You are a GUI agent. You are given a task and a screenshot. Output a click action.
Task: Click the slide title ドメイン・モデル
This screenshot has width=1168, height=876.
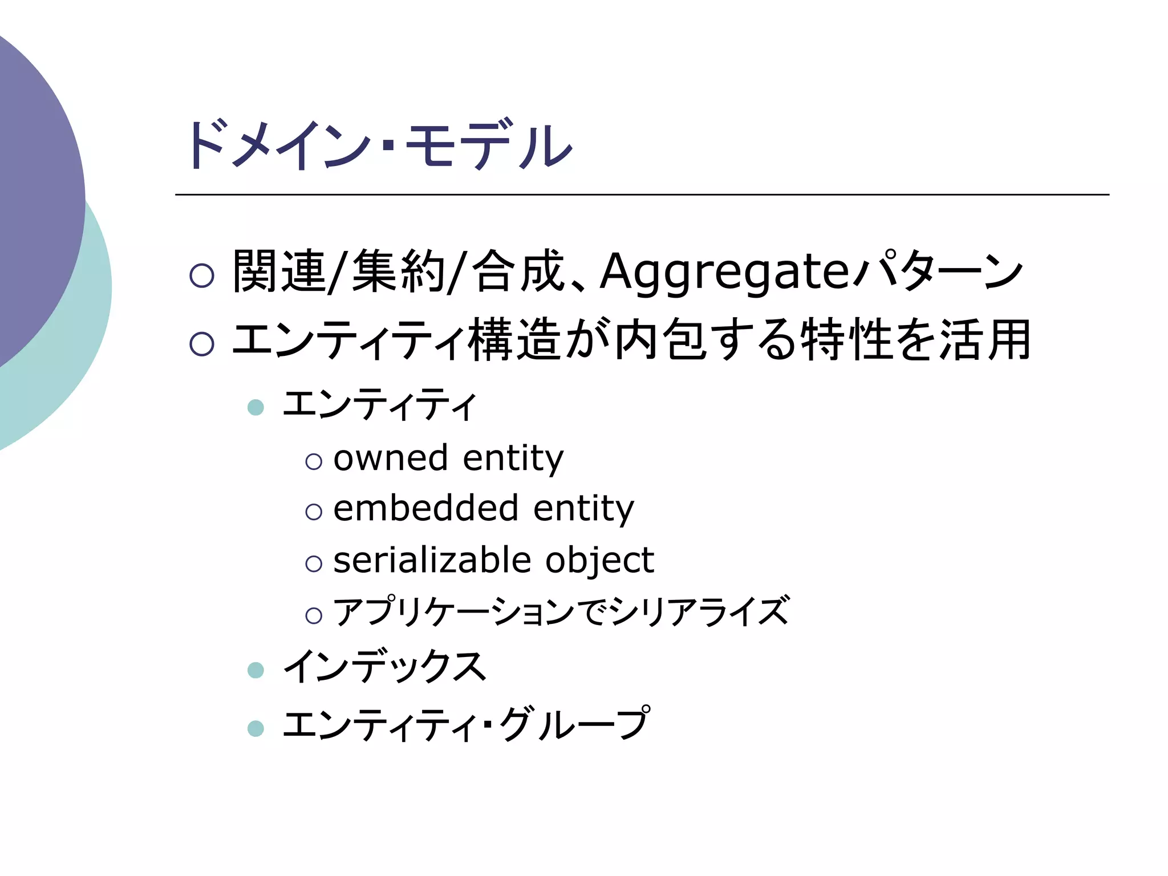pos(379,145)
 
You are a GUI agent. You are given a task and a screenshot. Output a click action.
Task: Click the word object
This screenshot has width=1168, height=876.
pos(599,561)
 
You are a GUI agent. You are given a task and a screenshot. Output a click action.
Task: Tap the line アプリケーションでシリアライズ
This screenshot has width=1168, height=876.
pos(562,611)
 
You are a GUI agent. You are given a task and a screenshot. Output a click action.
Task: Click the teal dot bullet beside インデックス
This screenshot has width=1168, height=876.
pos(256,670)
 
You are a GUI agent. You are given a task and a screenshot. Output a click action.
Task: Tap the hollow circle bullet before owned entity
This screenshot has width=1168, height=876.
pos(314,461)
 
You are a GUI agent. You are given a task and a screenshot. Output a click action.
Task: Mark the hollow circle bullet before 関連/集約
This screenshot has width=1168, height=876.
pos(202,275)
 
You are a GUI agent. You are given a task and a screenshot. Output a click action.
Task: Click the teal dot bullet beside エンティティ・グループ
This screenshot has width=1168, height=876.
pos(256,728)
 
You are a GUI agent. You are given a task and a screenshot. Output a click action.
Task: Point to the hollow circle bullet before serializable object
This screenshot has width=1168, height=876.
pos(314,563)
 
